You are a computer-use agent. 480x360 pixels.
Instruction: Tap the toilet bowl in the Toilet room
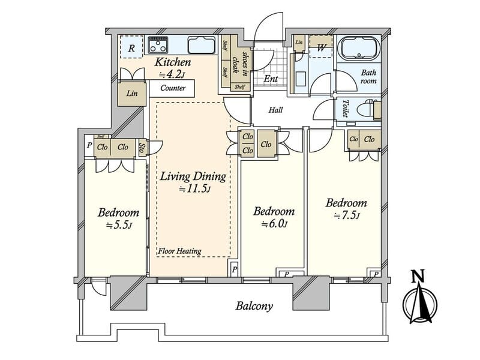[x=368, y=109]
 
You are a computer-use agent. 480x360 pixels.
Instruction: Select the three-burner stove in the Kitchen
[x=158, y=45]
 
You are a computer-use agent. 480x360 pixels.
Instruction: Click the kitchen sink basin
[x=202, y=46]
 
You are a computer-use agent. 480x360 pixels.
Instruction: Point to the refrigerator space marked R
[x=131, y=47]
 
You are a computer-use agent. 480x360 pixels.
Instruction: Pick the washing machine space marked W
[x=321, y=46]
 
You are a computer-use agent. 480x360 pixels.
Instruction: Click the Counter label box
[x=172, y=88]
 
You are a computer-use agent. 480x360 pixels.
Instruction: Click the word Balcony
[x=254, y=306]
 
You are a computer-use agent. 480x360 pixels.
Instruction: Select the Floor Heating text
[x=179, y=251]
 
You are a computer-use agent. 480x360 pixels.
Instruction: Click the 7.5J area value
[x=346, y=216]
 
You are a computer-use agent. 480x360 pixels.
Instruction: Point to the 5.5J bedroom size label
[x=119, y=226]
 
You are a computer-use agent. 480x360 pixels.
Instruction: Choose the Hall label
[x=275, y=110]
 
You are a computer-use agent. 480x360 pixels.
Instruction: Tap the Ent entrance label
[x=271, y=79]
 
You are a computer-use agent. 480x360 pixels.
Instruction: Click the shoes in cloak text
[x=241, y=62]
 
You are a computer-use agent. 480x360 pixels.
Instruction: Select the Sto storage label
[x=143, y=148]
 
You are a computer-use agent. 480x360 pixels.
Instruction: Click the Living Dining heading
[x=193, y=176]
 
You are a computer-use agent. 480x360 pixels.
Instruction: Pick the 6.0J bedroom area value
[x=274, y=224]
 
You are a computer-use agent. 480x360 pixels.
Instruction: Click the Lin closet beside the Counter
[x=132, y=94]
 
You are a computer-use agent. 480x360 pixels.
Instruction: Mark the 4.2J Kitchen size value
[x=172, y=74]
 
